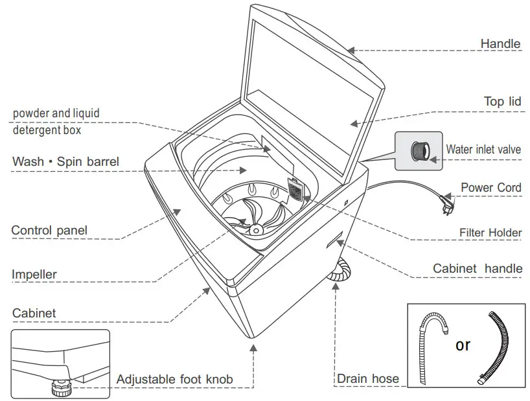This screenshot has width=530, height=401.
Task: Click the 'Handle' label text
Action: (500, 44)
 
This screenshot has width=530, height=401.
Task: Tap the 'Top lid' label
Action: (502, 102)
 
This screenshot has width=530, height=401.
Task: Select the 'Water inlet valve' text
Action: (483, 150)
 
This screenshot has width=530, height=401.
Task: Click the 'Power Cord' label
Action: (490, 188)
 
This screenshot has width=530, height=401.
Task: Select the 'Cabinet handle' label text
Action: (477, 269)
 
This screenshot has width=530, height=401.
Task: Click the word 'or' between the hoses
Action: (463, 345)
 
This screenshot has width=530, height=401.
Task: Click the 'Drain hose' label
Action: (367, 379)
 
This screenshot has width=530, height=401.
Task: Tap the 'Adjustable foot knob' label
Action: (175, 379)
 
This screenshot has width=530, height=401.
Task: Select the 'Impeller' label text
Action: (34, 275)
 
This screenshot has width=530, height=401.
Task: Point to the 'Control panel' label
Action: (49, 231)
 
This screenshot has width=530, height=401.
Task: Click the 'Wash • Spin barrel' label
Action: (66, 161)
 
